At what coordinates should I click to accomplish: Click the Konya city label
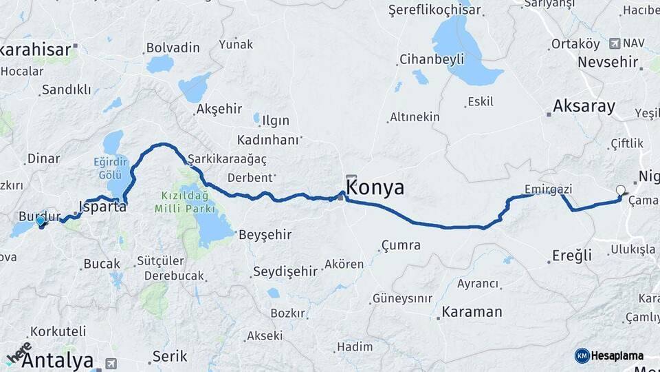point(375,188)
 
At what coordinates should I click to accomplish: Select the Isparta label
point(103,206)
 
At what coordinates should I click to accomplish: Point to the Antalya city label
point(57,360)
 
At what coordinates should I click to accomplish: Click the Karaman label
point(472,311)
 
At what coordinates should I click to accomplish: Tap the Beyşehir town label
point(265,235)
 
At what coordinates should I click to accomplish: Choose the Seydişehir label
point(285,271)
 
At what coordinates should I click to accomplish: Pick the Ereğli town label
point(572,256)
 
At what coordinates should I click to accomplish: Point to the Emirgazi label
point(548,189)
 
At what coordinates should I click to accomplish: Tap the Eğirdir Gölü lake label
point(110,168)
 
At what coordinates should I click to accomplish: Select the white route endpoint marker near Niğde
point(621,191)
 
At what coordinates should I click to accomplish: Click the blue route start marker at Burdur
point(41,221)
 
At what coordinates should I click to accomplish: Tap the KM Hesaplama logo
point(609,355)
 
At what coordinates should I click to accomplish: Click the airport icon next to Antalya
point(111,363)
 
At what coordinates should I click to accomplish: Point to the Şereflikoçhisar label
point(434,10)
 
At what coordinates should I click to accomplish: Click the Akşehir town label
point(219,109)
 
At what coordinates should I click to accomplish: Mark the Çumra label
point(401,245)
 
